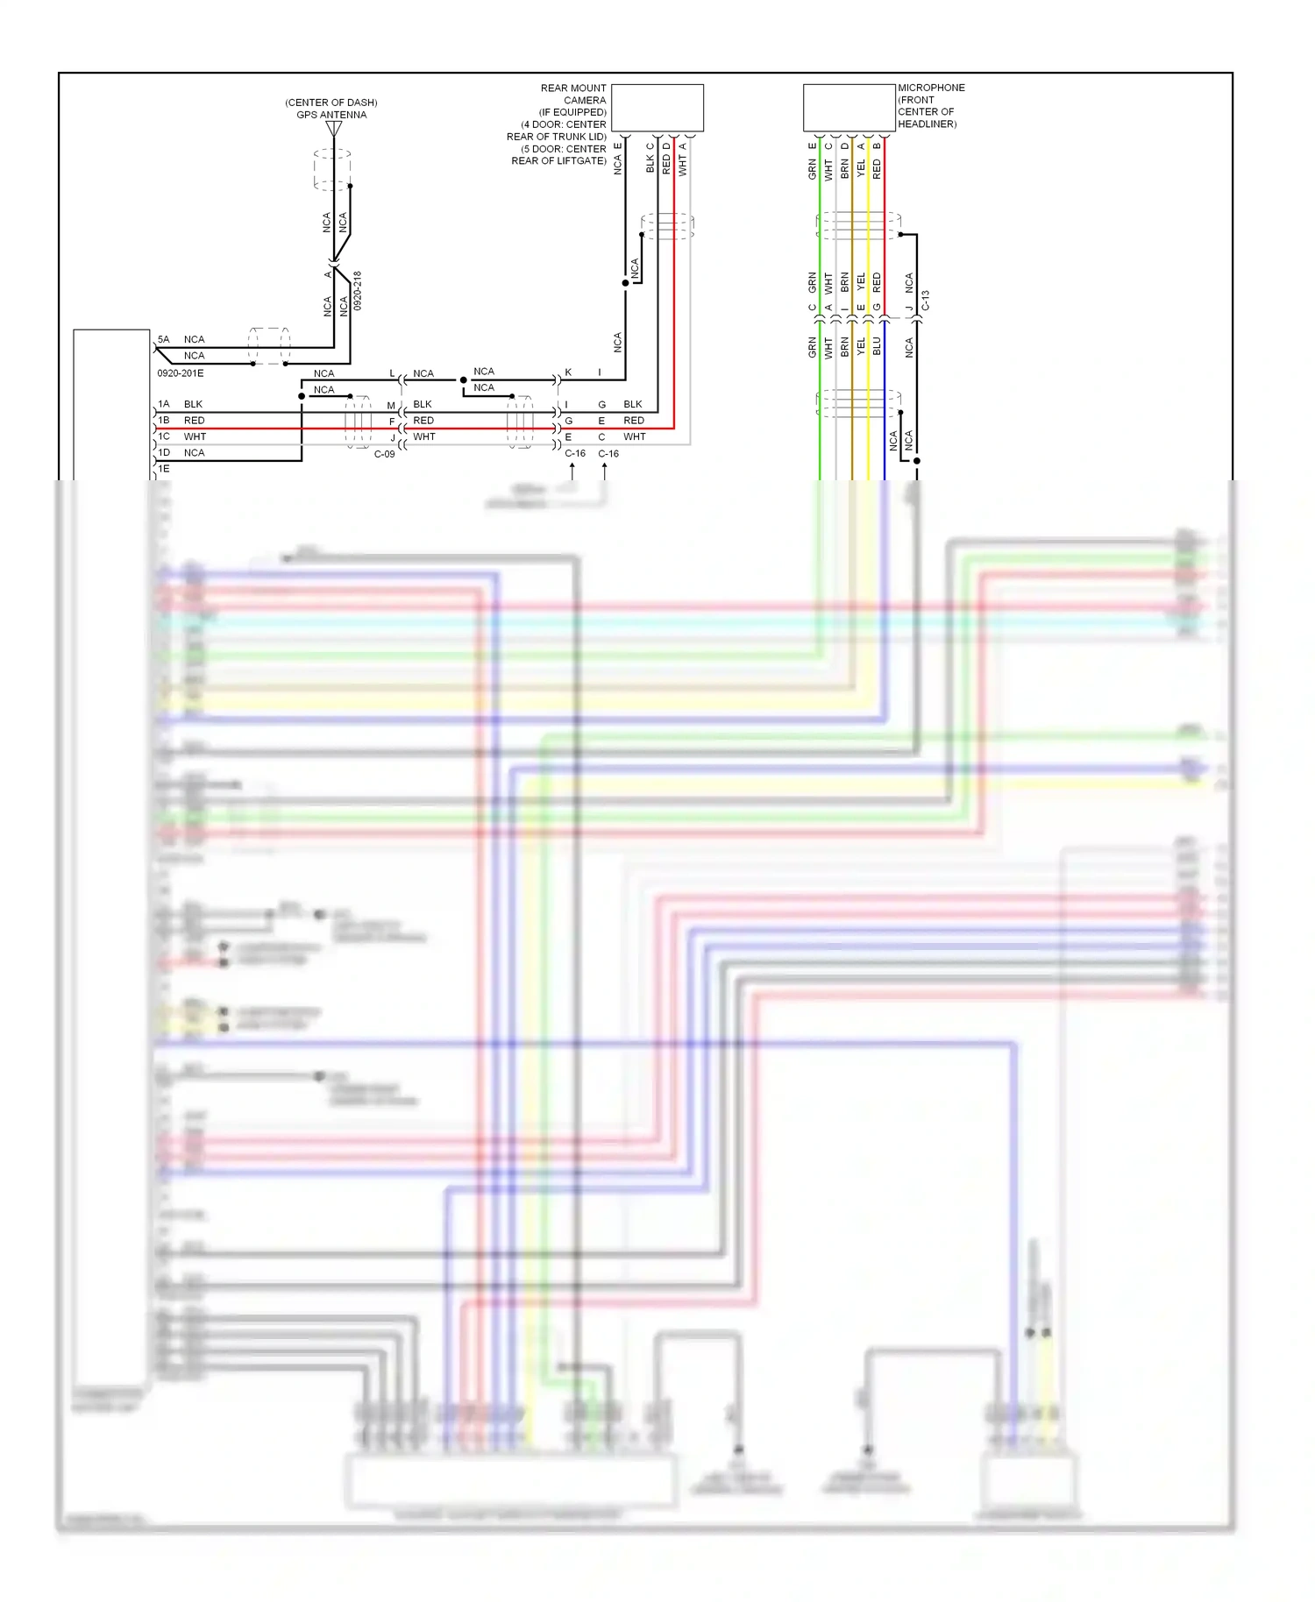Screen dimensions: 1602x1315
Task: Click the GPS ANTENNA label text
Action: click(331, 115)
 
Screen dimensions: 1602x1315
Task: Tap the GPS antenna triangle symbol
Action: click(334, 129)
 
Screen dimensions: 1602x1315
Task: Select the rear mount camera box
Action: click(657, 108)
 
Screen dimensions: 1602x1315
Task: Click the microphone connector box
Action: click(849, 108)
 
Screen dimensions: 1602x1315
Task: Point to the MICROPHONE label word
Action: click(931, 88)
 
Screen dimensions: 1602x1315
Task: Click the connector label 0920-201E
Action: click(181, 373)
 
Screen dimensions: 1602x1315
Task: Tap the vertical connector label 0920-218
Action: click(358, 290)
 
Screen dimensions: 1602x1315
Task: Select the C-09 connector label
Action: click(385, 454)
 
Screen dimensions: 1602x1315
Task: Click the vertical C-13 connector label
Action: click(926, 301)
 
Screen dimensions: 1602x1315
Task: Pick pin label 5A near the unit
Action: click(164, 339)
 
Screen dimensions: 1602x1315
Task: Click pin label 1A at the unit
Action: click(164, 404)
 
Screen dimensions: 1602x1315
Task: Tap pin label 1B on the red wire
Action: click(164, 421)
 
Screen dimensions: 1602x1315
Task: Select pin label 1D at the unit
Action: click(164, 453)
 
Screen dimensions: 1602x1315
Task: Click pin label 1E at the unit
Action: click(164, 469)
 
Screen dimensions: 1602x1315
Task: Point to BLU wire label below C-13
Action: click(877, 346)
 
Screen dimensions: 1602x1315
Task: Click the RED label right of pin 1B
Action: click(194, 421)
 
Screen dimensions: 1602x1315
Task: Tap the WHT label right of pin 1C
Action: click(195, 436)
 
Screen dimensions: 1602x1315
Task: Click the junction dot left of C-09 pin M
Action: click(302, 396)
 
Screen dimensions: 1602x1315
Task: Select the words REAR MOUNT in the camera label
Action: click(573, 89)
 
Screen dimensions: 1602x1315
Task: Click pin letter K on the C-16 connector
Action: click(568, 372)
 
